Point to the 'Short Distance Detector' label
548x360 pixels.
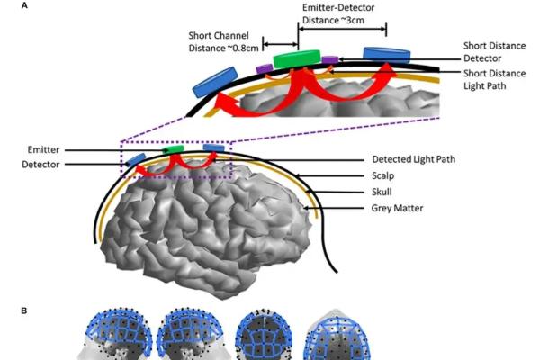(x=494, y=50)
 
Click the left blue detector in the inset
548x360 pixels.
(x=212, y=82)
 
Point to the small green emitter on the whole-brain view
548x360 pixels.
(x=175, y=148)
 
